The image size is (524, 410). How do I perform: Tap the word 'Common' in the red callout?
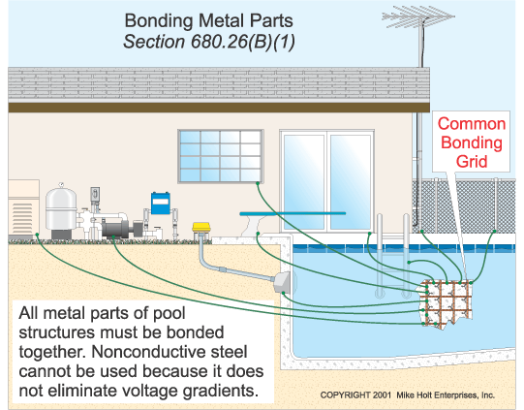471,124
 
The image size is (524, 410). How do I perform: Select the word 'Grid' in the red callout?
471,162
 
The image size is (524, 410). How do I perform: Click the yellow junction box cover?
201,229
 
